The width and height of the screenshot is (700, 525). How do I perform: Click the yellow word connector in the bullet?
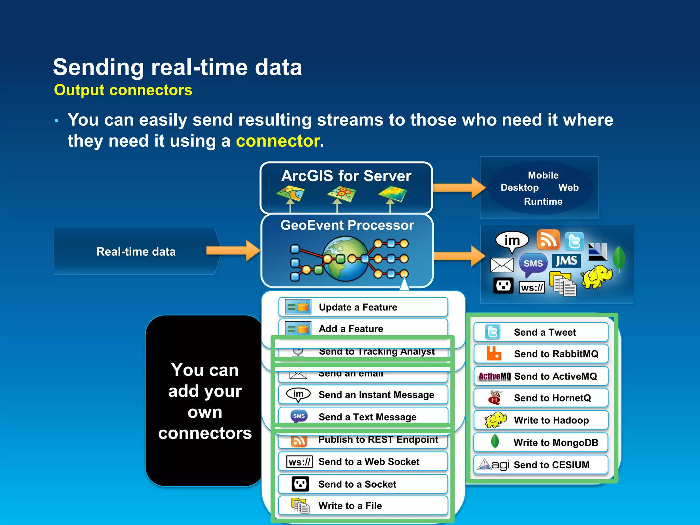[x=278, y=141]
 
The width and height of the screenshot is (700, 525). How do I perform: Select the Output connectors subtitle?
[x=123, y=90]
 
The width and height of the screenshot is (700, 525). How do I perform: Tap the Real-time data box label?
[x=136, y=252]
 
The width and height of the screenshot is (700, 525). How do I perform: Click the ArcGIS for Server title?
[x=346, y=176]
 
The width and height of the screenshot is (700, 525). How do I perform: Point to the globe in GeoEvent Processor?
[x=345, y=259]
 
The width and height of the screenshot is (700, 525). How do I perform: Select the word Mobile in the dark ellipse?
[x=543, y=175]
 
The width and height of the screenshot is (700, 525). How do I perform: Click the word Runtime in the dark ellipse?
[x=543, y=201]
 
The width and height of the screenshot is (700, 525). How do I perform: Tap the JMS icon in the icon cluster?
[x=566, y=261]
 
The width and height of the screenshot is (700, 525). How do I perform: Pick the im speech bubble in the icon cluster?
[x=512, y=240]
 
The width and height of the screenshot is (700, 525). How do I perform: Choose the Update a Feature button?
[x=363, y=307]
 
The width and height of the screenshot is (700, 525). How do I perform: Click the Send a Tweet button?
[x=541, y=332]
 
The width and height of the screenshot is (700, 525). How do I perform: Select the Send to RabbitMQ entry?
[x=541, y=354]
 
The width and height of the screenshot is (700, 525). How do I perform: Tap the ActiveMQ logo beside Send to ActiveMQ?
[x=494, y=376]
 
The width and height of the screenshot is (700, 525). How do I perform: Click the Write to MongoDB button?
[x=541, y=442]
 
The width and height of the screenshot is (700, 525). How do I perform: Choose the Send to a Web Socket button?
[x=363, y=462]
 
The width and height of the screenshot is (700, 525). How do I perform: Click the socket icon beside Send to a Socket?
[x=300, y=484]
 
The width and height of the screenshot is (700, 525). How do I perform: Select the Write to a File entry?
[x=363, y=506]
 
